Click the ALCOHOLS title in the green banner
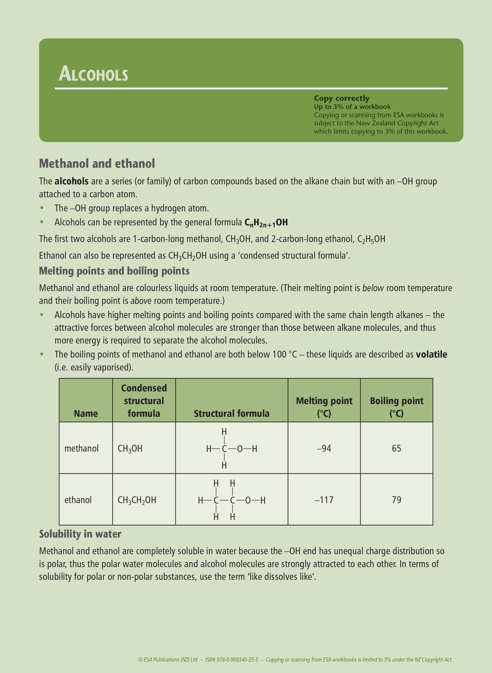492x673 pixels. point(93,74)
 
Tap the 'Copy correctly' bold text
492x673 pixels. point(341,98)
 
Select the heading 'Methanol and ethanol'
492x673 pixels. point(97,164)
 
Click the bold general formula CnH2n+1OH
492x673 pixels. point(266,223)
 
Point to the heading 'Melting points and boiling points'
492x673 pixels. point(114,271)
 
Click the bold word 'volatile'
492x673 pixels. point(431,355)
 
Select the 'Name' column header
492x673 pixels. point(86,413)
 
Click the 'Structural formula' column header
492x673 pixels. point(232,413)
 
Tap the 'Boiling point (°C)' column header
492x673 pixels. point(396,407)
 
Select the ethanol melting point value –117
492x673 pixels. point(324,500)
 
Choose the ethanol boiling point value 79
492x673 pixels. point(396,500)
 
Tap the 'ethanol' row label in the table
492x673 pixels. point(78,500)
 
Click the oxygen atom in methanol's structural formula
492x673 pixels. point(240,449)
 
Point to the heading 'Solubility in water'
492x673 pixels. point(80,534)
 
